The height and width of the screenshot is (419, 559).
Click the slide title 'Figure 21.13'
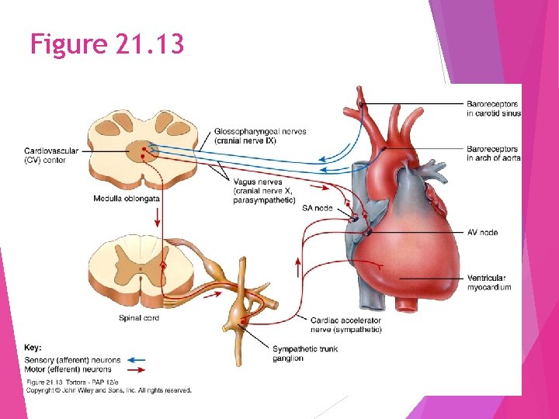(x=107, y=44)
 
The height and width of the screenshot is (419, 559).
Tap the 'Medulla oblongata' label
(x=127, y=199)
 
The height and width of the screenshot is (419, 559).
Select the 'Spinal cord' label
(x=140, y=318)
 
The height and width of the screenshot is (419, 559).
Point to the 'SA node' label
(x=317, y=208)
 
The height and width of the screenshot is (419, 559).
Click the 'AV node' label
(x=482, y=233)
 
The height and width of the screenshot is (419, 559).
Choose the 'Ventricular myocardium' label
(x=489, y=282)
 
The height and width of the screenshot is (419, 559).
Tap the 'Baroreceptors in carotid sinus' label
(x=493, y=109)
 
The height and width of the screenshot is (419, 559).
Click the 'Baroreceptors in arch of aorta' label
(x=493, y=153)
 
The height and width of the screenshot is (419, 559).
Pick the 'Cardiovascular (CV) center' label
(x=51, y=155)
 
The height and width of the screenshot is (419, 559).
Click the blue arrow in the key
(x=137, y=360)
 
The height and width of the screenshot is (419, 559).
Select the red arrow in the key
(x=137, y=369)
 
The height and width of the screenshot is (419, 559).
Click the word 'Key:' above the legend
(x=33, y=348)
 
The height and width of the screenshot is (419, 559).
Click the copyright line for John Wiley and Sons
(x=109, y=390)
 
